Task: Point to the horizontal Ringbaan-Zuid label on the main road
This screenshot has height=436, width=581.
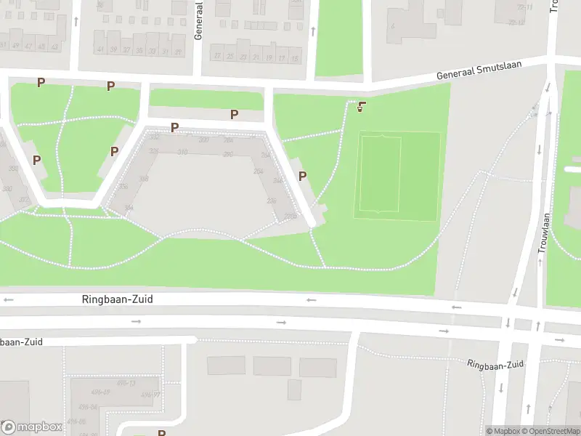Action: coord(117,299)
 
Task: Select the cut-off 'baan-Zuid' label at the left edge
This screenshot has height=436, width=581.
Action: coord(22,342)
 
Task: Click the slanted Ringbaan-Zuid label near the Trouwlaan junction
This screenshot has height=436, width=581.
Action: coord(495,364)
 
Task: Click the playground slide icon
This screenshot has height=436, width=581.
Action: coord(361,108)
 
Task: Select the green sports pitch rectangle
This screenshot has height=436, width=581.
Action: coord(397,175)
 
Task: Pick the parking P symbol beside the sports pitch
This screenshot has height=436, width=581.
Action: coord(302,176)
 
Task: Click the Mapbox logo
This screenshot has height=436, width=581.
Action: coord(31,427)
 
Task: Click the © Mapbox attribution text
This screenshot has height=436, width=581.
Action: coord(503,431)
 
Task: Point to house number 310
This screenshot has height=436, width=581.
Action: coord(182,152)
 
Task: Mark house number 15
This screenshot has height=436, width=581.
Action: coord(293,57)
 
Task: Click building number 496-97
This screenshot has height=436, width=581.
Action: coord(150,395)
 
